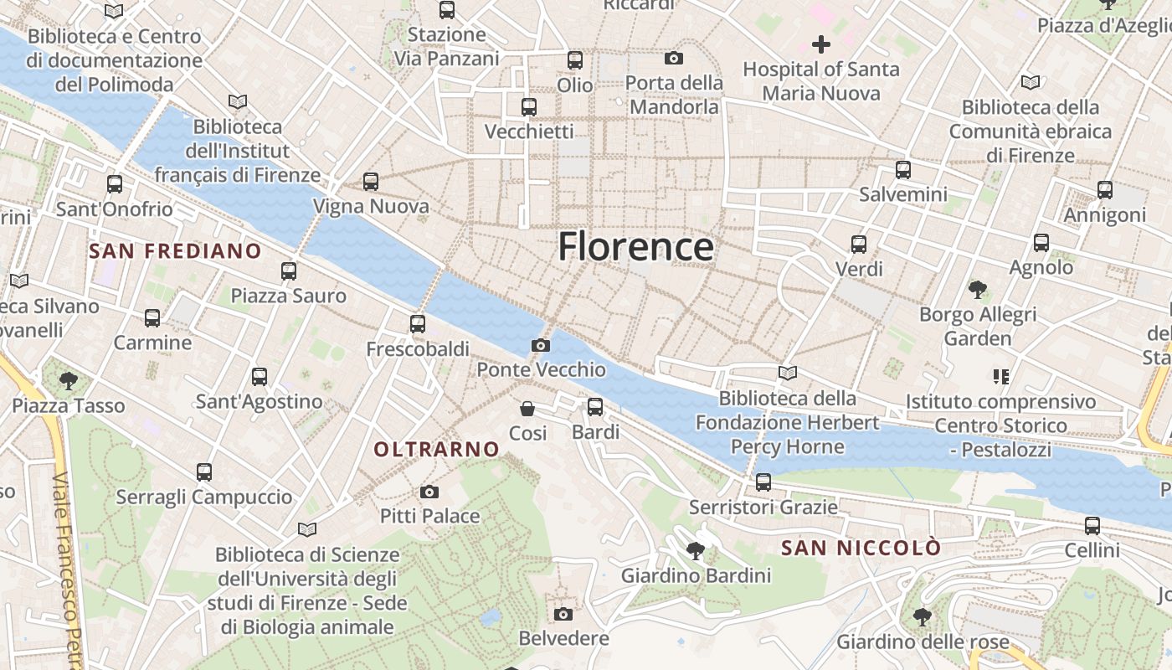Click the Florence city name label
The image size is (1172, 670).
tap(635, 247)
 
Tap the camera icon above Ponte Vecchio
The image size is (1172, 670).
tap(541, 345)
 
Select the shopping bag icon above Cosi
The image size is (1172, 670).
tap(527, 409)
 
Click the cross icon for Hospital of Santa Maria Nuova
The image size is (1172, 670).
tap(821, 44)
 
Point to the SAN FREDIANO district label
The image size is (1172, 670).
tap(175, 250)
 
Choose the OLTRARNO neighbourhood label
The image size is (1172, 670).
tap(436, 450)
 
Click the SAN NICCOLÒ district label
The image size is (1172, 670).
tap(861, 549)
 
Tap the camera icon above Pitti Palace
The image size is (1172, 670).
tap(429, 492)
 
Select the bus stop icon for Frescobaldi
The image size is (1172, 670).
tap(418, 324)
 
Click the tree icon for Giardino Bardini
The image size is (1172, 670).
tap(695, 551)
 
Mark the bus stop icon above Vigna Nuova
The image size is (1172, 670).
tap(371, 182)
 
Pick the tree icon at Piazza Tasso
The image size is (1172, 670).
tap(69, 382)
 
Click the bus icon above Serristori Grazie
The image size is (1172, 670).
tap(763, 482)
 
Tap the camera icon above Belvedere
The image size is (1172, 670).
tap(563, 614)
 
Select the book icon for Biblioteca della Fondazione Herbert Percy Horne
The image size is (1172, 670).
tap(787, 373)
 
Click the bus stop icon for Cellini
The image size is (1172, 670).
tap(1092, 526)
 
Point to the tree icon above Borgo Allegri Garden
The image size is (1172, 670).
tap(977, 291)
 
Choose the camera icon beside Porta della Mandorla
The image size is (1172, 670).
tap(674, 58)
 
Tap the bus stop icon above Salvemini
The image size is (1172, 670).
tap(903, 170)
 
